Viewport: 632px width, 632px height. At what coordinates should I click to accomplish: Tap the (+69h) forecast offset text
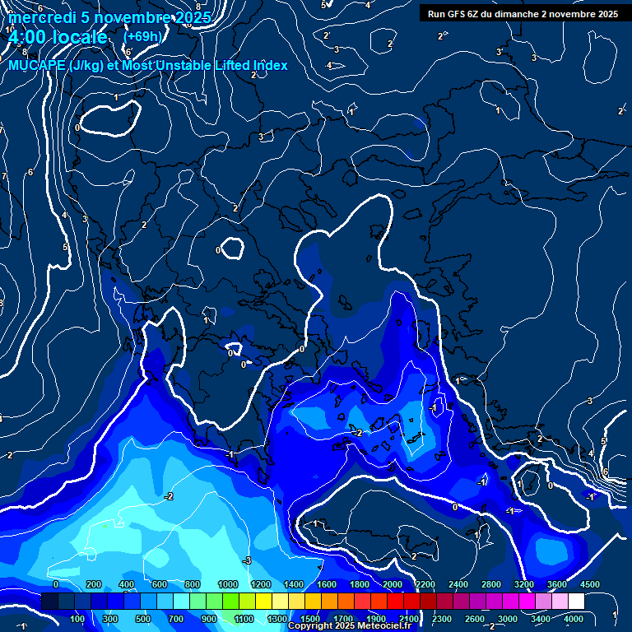coord(142,36)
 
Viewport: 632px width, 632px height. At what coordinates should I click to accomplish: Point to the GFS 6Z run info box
coord(523,13)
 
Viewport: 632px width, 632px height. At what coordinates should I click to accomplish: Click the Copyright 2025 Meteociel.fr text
coord(349,626)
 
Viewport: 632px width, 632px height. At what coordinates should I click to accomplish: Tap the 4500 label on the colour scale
coord(590,584)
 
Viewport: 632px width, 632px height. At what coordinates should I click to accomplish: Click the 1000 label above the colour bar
coord(227,584)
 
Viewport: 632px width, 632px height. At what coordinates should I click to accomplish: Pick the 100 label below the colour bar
coord(79,619)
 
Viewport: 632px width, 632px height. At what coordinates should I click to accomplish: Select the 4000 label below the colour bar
coord(574,619)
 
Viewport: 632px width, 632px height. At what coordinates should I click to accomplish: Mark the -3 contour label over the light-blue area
coord(246,560)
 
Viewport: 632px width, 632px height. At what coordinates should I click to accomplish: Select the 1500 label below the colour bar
coord(310,619)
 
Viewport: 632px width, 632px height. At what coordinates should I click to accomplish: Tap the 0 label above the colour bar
coord(55,584)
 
